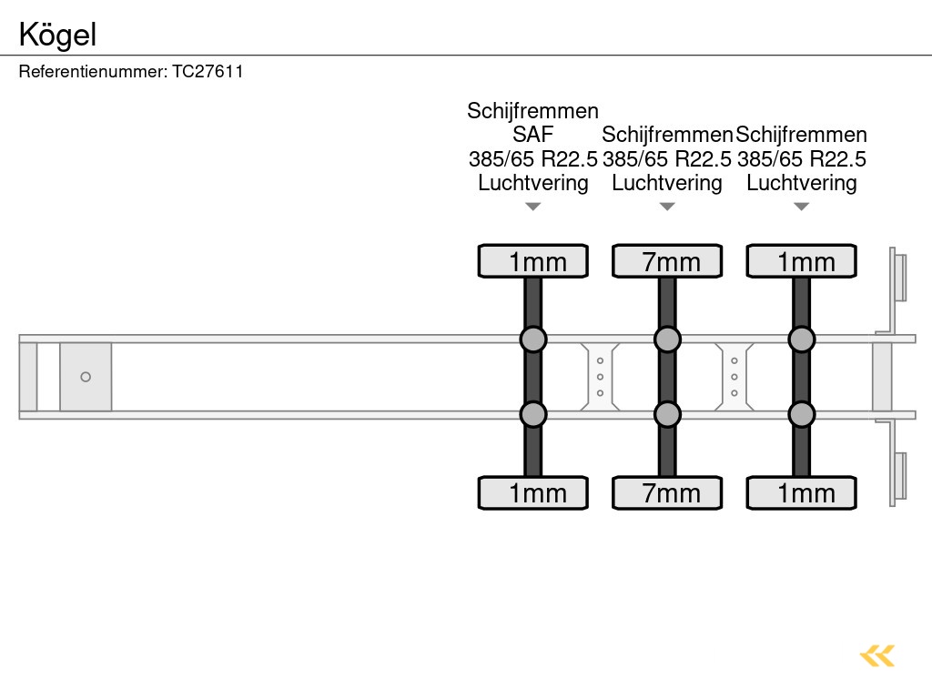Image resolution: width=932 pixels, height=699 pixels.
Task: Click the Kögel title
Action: [58, 35]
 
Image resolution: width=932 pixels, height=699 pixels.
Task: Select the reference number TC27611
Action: [208, 72]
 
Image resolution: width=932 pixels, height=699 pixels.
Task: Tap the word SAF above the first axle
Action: [532, 135]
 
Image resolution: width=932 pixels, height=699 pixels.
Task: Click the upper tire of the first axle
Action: [533, 261]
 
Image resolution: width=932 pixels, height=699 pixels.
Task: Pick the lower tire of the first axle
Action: [533, 493]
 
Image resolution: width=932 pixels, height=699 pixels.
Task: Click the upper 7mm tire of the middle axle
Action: [667, 261]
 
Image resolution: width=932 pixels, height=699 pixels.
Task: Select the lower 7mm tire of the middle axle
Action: [667, 493]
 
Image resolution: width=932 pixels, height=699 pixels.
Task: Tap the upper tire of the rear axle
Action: [801, 261]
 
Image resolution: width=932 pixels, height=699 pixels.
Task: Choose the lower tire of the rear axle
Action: [801, 493]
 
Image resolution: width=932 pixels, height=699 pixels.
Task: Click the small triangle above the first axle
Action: [533, 207]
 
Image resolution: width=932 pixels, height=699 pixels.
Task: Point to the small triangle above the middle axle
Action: [667, 207]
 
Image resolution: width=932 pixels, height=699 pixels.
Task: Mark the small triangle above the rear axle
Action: [801, 207]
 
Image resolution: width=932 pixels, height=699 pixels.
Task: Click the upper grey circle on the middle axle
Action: [667, 339]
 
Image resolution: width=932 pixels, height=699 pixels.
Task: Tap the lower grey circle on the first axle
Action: [533, 415]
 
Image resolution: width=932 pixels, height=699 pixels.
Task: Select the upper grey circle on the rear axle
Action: [801, 339]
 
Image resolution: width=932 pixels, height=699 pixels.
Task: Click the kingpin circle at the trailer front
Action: [86, 377]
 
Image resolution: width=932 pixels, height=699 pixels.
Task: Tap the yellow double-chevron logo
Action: [877, 655]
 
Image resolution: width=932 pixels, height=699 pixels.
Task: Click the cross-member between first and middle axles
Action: [601, 377]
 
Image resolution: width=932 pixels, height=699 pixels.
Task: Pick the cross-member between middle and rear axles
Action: [734, 377]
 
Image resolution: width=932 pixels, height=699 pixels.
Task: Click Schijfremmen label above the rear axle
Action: [802, 135]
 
